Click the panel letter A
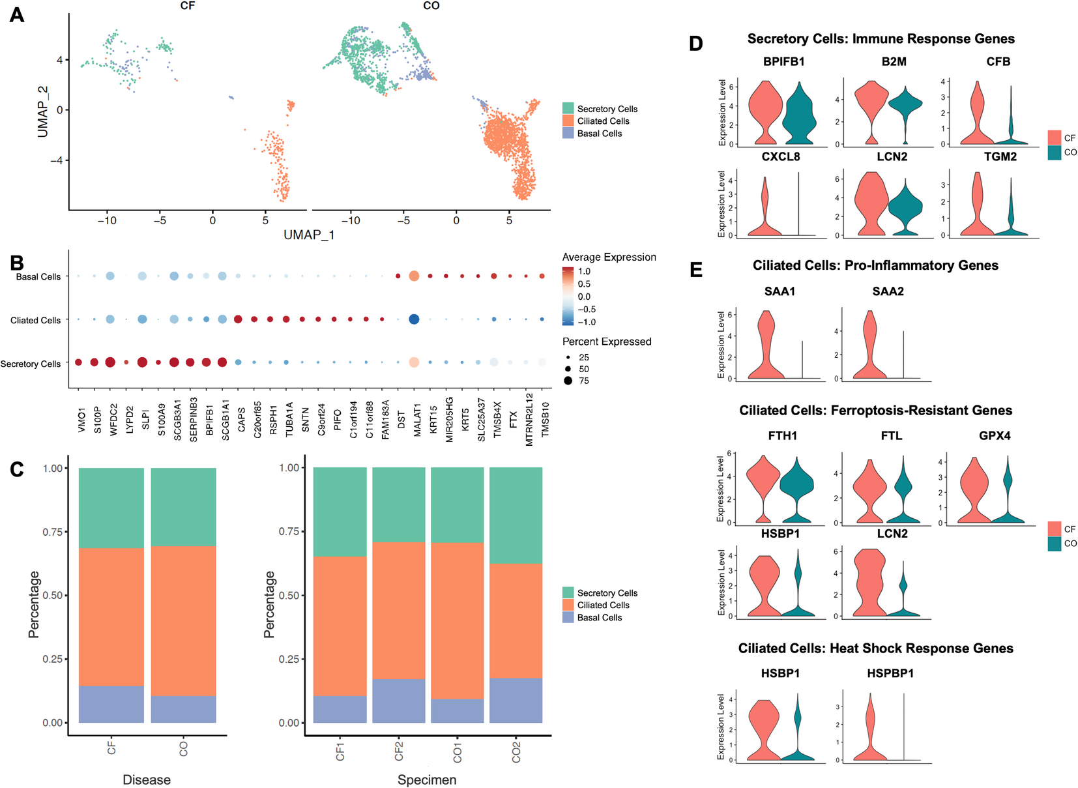[x=17, y=14]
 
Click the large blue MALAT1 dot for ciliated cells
[x=413, y=319]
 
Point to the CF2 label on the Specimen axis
[x=399, y=751]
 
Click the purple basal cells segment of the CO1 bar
[x=457, y=710]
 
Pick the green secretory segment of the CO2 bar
[x=516, y=515]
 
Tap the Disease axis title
[x=147, y=780]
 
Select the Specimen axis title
[x=427, y=780]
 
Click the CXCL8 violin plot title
[x=780, y=156]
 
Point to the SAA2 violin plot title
[x=888, y=291]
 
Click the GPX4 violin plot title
[x=995, y=435]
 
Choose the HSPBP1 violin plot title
[x=890, y=673]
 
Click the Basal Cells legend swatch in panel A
[x=568, y=133]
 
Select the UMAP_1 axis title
[x=309, y=235]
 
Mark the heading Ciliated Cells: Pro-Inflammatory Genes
[x=875, y=265]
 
